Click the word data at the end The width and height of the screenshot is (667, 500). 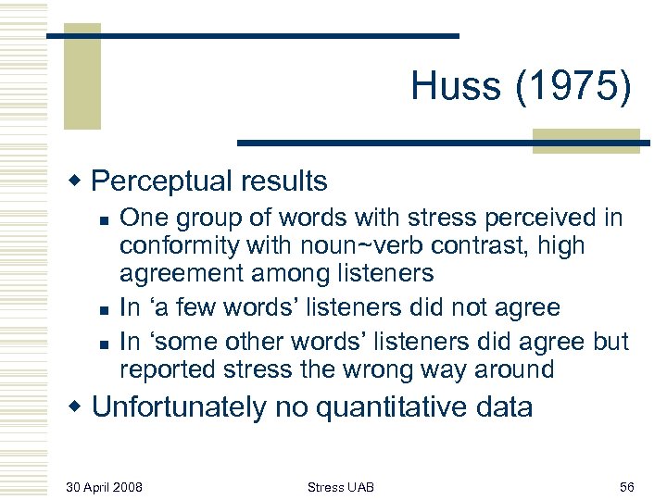501,406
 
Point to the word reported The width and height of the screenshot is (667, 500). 168,369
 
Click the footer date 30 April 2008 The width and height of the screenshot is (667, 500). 105,485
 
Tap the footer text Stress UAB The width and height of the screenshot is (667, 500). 340,485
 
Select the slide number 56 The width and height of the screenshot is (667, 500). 625,485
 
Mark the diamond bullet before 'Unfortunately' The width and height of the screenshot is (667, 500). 80,407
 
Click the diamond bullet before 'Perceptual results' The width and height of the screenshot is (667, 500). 80,181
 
